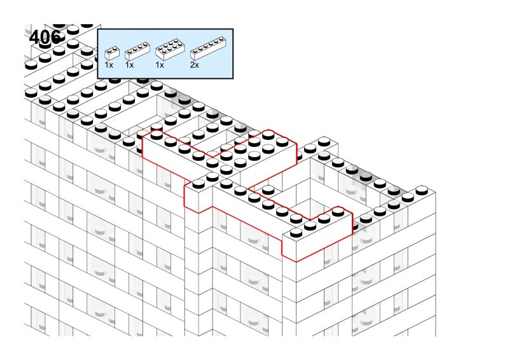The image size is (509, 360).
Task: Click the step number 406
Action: tap(45, 37)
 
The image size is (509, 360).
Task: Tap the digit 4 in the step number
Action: tap(34, 37)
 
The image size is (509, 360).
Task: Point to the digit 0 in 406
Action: tap(45, 37)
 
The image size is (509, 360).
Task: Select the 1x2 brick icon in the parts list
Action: tap(112, 53)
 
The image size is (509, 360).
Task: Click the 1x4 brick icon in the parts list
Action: tap(137, 52)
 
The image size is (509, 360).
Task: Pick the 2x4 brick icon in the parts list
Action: tap(170, 50)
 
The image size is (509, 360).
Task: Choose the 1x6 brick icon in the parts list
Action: tap(208, 48)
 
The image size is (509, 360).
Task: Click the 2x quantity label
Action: tap(195, 65)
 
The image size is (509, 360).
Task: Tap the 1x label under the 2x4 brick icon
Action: tap(160, 65)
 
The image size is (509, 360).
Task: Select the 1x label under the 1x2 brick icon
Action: tap(109, 65)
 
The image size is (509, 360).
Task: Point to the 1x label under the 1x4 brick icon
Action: tap(129, 65)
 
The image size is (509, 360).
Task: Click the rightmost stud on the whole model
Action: tap(421, 190)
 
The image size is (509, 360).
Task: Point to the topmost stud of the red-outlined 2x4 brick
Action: tap(268, 134)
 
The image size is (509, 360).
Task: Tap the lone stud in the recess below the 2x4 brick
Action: tap(268, 190)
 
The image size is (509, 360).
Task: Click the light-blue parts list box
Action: tap(165, 54)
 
